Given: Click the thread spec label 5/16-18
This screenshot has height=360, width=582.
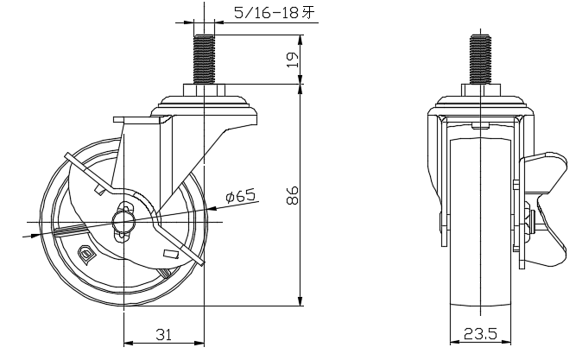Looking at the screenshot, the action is click(266, 13).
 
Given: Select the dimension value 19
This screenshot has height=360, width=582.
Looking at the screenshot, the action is click(293, 60).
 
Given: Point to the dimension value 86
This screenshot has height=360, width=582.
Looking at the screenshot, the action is click(293, 195).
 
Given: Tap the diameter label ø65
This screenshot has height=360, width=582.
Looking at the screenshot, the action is click(241, 196).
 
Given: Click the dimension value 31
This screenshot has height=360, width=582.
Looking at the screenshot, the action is click(164, 335).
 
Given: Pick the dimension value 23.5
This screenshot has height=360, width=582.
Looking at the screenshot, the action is click(480, 334).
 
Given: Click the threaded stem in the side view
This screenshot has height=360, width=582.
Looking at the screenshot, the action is click(204, 60).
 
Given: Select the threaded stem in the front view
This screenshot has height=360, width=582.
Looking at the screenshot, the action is click(481, 60).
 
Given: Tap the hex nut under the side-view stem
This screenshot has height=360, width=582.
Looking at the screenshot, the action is click(204, 90).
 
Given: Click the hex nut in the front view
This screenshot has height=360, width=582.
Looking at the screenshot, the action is click(481, 90).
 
